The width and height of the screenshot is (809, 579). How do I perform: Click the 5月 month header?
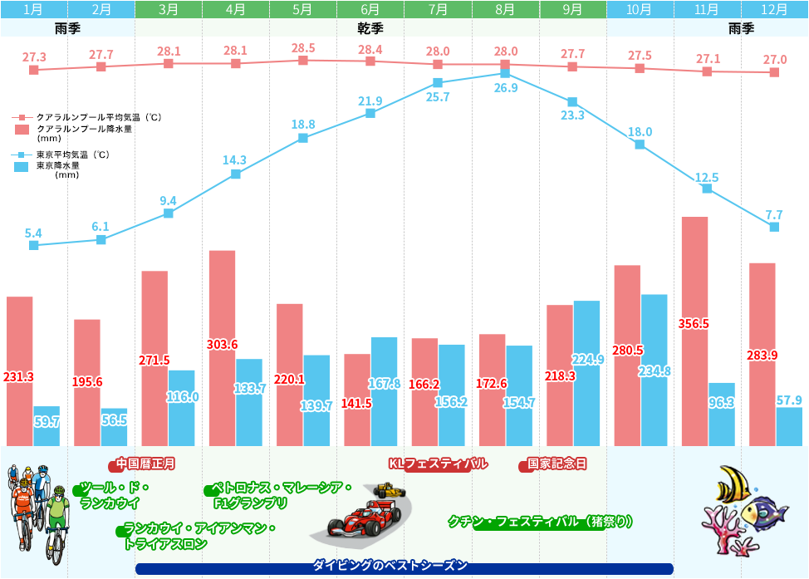pyautogui.click(x=303, y=10)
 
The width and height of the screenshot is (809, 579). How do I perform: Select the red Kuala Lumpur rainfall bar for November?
pyautogui.click(x=694, y=332)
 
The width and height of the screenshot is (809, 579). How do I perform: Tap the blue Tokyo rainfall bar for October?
pyautogui.click(x=654, y=370)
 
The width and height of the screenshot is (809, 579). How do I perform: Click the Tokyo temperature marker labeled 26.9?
pyautogui.click(x=505, y=74)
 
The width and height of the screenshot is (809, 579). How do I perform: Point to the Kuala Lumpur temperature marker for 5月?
pyautogui.click(x=303, y=61)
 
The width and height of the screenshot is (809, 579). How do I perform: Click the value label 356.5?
pyautogui.click(x=694, y=324)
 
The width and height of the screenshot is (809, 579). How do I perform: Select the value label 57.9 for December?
pyautogui.click(x=789, y=400)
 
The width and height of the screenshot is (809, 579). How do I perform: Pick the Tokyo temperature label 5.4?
pyautogui.click(x=33, y=233)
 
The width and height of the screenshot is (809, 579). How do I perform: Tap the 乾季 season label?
pyautogui.click(x=370, y=27)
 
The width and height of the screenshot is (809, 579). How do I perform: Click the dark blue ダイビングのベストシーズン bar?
pyautogui.click(x=404, y=568)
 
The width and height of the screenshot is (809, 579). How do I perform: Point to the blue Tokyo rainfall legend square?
pyautogui.click(x=23, y=167)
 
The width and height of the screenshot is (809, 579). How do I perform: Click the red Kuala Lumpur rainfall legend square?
pyautogui.click(x=23, y=130)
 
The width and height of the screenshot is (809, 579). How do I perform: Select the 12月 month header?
pyautogui.click(x=774, y=10)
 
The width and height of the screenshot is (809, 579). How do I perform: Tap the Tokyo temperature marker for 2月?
pyautogui.click(x=101, y=240)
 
